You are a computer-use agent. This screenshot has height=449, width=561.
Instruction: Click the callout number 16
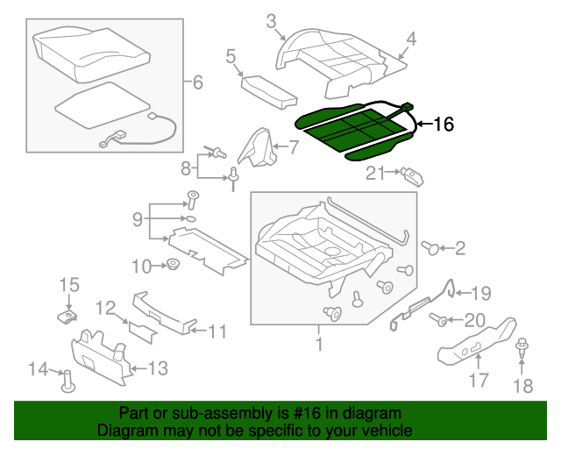tap(444, 125)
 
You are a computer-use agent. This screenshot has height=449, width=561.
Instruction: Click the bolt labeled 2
tap(431, 249)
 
